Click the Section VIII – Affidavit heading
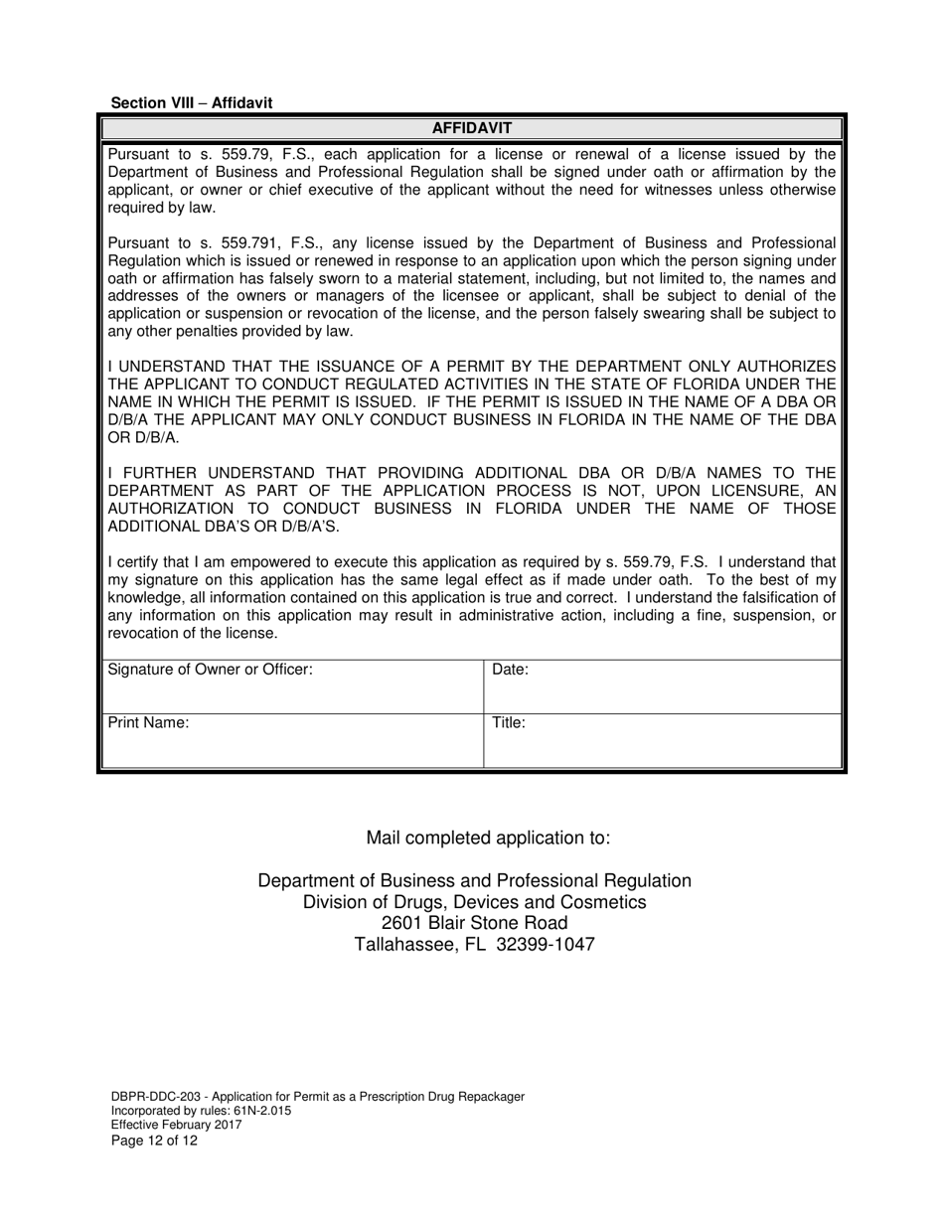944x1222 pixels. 191,102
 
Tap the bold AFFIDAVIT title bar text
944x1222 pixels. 471,128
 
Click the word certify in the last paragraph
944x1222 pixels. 140,562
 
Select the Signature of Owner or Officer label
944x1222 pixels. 210,670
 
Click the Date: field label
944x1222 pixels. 510,670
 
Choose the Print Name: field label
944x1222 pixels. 148,723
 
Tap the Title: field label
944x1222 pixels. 509,723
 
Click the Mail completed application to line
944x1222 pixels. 488,838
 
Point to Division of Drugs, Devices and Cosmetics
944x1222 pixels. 474,902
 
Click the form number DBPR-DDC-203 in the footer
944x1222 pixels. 154,1097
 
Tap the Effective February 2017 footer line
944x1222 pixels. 176,1125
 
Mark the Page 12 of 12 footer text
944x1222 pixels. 154,1140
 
